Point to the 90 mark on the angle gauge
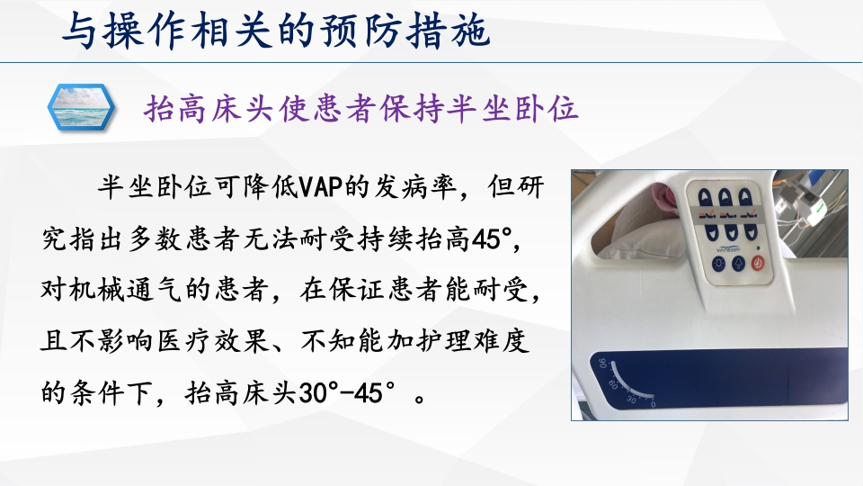(601, 364)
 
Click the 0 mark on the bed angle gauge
(652, 405)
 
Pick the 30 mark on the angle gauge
(632, 399)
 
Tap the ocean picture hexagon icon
(81, 108)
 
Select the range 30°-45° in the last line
(349, 393)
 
